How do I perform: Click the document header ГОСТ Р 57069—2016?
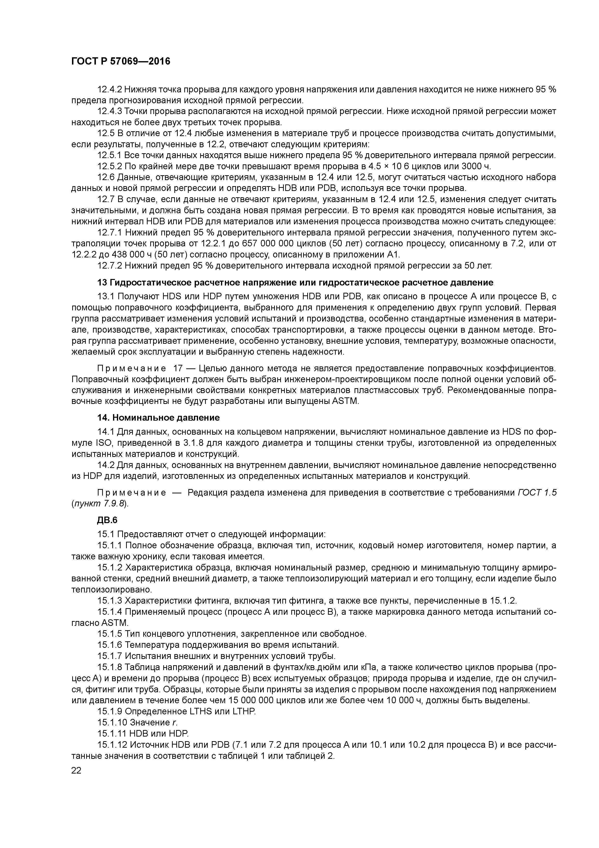pyautogui.click(x=121, y=62)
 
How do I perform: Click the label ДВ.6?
pyautogui.click(x=107, y=520)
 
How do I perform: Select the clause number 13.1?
pyautogui.click(x=106, y=297)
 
